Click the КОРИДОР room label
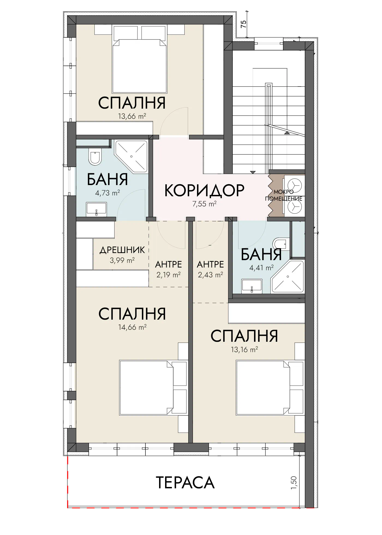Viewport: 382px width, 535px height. (204, 191)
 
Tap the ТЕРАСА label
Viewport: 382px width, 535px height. (185, 483)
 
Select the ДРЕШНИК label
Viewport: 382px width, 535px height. (122, 250)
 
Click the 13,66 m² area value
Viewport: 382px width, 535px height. (132, 116)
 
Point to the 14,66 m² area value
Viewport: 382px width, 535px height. (132, 327)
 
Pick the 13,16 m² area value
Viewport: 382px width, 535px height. (244, 349)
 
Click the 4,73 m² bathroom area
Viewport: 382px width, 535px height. (108, 193)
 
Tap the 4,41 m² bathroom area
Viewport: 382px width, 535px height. (261, 268)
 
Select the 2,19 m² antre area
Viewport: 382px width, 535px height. (168, 275)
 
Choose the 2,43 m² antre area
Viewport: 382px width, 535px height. (210, 275)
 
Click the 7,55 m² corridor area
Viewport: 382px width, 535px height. (204, 204)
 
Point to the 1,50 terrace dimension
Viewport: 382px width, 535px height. (294, 483)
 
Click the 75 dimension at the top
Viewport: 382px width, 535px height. (243, 24)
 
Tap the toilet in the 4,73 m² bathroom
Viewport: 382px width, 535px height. (95, 157)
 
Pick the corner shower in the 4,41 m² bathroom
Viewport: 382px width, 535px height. (287, 277)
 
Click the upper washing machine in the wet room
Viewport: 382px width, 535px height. (294, 185)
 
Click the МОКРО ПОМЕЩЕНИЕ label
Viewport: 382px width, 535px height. (283, 195)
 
